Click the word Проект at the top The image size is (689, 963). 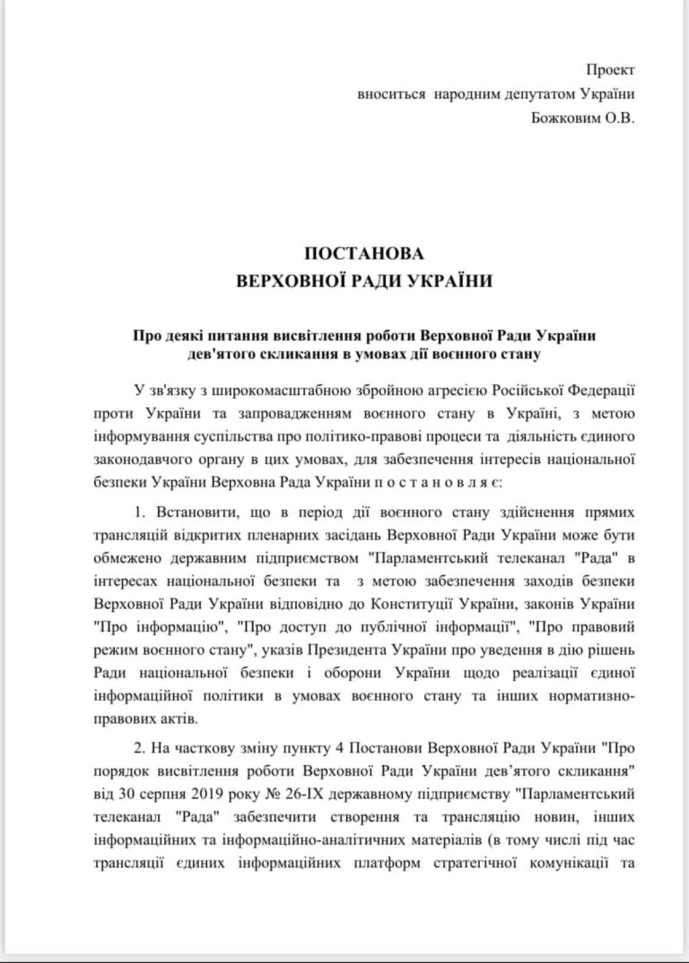click(610, 70)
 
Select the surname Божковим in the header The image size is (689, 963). click(564, 119)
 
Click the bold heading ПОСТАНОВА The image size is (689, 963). click(364, 253)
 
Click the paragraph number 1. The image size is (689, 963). click(138, 512)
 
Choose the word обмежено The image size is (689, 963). click(127, 558)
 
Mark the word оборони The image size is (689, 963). click(350, 672)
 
